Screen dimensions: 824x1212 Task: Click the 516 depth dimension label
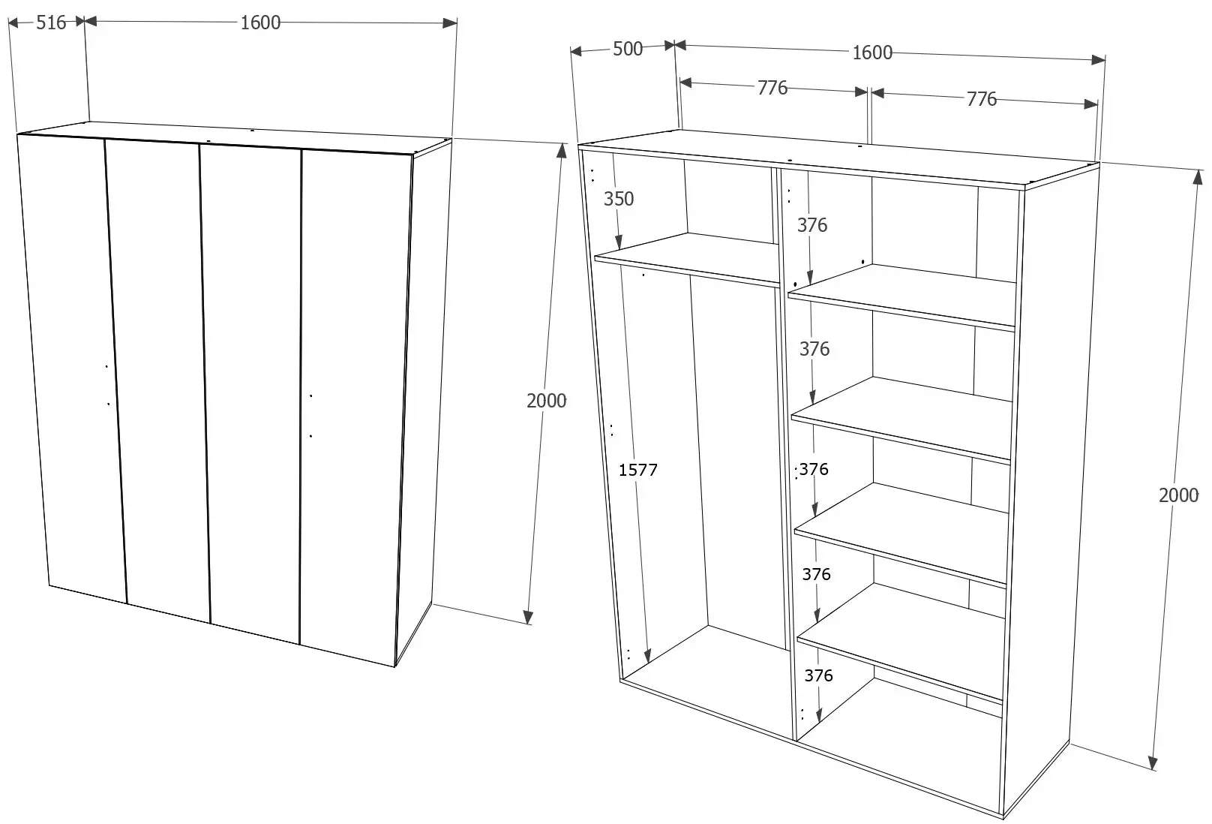click(51, 23)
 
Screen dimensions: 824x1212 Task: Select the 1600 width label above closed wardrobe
click(260, 23)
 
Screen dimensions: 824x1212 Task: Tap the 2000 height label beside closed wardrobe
click(546, 401)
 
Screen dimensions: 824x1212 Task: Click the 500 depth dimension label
click(628, 49)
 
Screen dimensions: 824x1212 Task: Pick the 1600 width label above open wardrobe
click(872, 53)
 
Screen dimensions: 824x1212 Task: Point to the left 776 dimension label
click(772, 88)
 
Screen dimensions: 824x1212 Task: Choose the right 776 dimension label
click(981, 99)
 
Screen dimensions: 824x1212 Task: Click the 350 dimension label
click(619, 199)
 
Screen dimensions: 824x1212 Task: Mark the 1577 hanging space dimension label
click(637, 471)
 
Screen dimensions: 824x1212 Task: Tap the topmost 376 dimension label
click(812, 225)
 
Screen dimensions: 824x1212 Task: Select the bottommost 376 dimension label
click(818, 675)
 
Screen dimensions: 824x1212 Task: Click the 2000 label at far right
click(1178, 495)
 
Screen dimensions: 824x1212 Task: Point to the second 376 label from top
click(814, 349)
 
